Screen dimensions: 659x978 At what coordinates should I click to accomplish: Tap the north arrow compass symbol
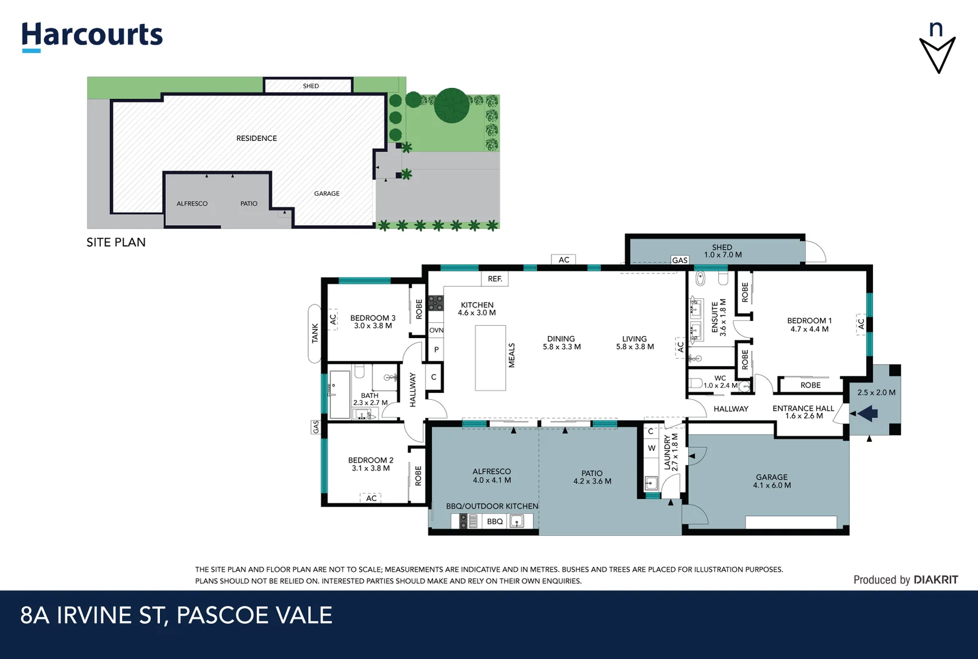[937, 49]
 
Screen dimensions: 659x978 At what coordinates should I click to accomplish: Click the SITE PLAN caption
[116, 242]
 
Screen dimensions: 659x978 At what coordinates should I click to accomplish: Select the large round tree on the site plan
[451, 105]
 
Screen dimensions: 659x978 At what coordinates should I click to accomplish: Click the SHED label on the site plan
[311, 86]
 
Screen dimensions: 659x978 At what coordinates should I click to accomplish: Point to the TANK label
[315, 333]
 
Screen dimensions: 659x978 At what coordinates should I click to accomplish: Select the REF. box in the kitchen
[495, 279]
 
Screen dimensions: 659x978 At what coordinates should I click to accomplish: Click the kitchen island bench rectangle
[491, 358]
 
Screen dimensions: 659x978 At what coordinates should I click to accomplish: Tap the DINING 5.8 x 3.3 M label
[561, 343]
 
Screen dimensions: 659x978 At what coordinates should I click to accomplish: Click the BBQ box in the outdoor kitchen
[495, 521]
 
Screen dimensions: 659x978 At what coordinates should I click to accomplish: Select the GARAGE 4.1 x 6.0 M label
[772, 481]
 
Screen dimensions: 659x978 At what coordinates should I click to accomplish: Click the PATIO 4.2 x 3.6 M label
[592, 477]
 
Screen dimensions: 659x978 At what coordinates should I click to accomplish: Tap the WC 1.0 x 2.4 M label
[720, 382]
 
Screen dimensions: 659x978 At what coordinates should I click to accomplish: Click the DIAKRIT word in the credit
[935, 580]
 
